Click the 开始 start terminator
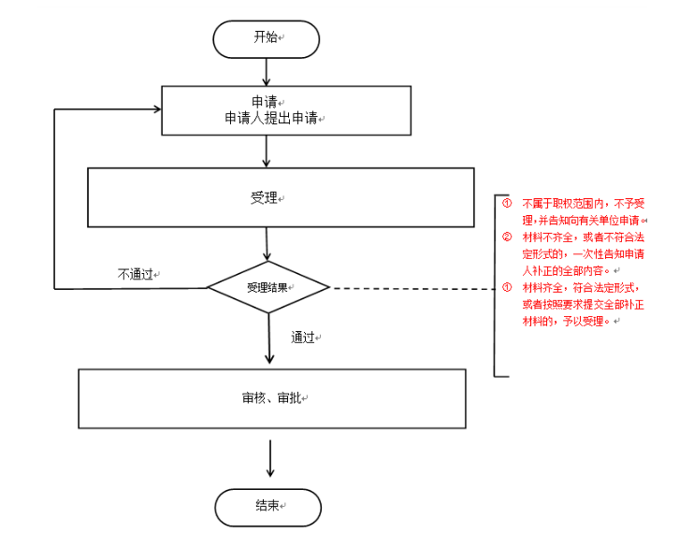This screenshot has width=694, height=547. tap(267, 38)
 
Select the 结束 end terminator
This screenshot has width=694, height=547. tap(267, 506)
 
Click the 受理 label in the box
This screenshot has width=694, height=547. tap(265, 198)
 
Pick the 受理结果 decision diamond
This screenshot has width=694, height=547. tap(267, 287)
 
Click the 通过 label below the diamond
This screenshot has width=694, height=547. tap(302, 338)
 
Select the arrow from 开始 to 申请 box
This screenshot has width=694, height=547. tap(267, 71)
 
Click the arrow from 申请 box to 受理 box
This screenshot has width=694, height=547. tap(267, 151)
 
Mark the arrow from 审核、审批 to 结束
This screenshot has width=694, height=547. tap(269, 458)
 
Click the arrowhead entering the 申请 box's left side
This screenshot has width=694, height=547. tap(156, 110)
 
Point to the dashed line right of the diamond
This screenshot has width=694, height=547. tap(412, 288)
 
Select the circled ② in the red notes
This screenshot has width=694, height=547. tap(506, 237)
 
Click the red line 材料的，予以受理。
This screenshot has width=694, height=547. tap(571, 321)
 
